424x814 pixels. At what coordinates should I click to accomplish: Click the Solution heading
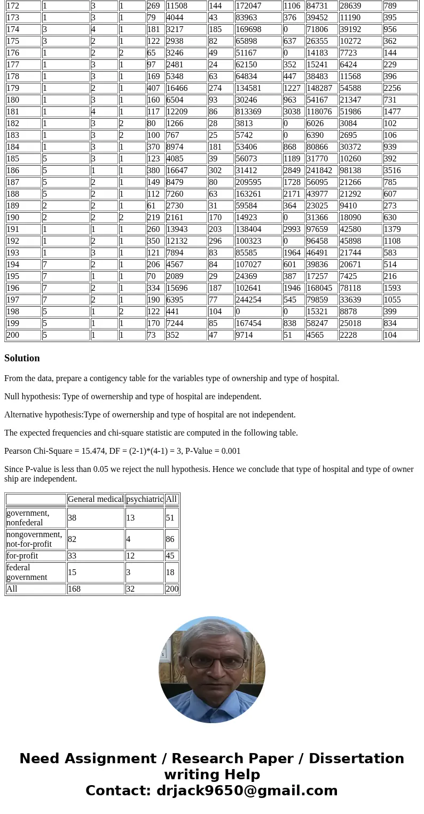tap(22, 358)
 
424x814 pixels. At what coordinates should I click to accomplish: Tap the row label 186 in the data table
tap(13, 170)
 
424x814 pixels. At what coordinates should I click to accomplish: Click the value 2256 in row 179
tap(392, 88)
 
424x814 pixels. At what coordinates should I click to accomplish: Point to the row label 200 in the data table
tap(13, 335)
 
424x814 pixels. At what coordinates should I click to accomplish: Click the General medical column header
tap(96, 499)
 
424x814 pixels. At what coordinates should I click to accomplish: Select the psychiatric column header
tap(145, 499)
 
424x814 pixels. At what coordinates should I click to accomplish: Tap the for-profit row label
tap(19, 556)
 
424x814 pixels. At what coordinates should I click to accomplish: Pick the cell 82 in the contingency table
tap(72, 539)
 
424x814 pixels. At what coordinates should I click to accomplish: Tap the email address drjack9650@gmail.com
tap(247, 790)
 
